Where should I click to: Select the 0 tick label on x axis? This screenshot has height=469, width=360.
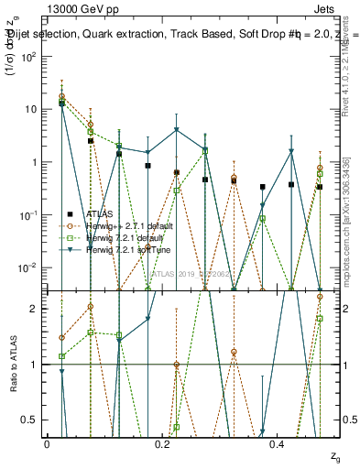[x=47, y=443]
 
